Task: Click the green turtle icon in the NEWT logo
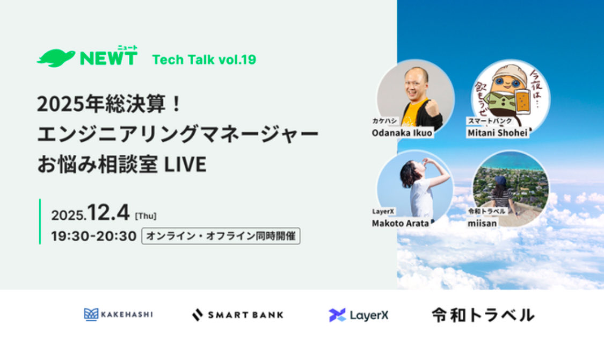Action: pos(56,58)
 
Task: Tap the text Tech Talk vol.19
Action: pos(204,60)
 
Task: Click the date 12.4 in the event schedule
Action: pos(110,213)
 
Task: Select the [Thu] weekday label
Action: pos(145,216)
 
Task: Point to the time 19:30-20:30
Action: pos(93,236)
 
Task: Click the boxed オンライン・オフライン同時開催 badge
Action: pos(220,236)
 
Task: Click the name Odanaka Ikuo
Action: pos(402,133)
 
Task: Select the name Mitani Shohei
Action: pos(497,133)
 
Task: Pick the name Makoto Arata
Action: pos(400,223)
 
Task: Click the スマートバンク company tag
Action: pos(485,122)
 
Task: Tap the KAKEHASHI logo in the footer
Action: pos(118,314)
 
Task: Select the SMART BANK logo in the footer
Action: pos(237,315)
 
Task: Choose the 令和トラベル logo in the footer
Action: pos(483,315)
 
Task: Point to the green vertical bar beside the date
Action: pos(40,221)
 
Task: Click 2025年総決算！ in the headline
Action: pos(110,104)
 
